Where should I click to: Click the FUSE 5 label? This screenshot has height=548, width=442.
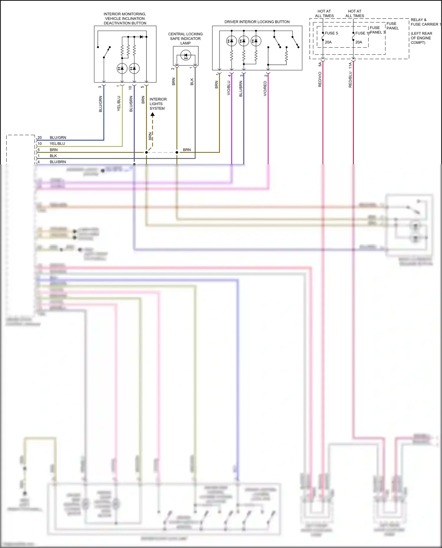[331, 33]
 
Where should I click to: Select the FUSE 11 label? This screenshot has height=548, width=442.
[362, 33]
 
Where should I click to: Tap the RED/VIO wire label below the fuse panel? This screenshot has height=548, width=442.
[320, 80]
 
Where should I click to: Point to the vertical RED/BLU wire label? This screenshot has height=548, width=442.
[350, 80]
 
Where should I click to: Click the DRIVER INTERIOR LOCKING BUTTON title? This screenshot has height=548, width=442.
[257, 22]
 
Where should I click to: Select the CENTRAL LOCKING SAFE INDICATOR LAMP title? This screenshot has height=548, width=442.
[185, 39]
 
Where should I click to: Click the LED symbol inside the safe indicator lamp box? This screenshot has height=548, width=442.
[186, 55]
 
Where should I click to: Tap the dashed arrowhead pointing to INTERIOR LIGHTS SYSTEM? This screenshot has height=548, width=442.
[153, 115]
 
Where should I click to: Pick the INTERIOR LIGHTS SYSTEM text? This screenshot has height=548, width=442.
[158, 104]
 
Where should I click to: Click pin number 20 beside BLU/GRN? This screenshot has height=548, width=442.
[39, 138]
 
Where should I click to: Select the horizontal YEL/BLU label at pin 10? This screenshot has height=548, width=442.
[57, 144]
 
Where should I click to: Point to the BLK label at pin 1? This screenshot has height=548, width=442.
[53, 156]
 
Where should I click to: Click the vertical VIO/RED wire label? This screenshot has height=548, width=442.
[265, 89]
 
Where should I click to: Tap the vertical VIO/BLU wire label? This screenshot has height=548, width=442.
[229, 88]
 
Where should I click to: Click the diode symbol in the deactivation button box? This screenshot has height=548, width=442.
[141, 37]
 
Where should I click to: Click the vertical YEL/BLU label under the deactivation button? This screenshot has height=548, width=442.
[119, 103]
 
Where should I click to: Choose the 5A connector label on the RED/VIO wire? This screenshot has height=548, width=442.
[320, 64]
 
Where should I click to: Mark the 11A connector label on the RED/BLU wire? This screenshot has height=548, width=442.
[350, 65]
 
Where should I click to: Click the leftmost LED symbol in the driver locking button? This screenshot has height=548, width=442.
[232, 41]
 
